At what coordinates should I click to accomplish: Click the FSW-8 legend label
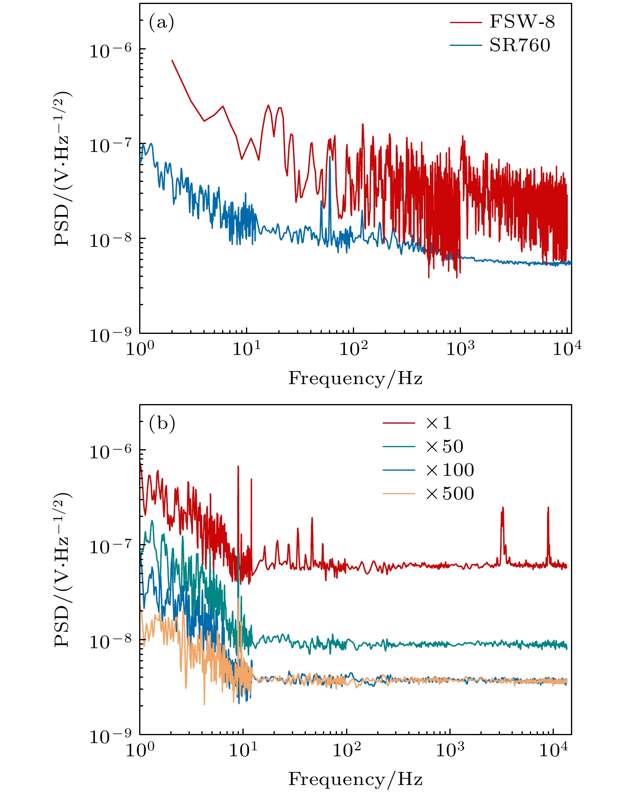click(x=522, y=22)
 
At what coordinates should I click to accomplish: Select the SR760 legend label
click(x=520, y=45)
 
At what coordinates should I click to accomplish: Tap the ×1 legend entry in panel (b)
click(x=439, y=423)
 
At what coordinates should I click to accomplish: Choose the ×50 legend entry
click(x=444, y=446)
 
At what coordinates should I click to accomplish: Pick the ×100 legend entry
click(x=450, y=470)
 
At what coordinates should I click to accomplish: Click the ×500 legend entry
click(x=450, y=494)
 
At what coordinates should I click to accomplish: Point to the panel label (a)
click(x=161, y=23)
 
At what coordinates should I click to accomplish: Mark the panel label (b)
click(x=162, y=424)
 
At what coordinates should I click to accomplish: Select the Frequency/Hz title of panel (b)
click(x=355, y=779)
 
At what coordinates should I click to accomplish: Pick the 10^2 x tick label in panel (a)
click(x=353, y=349)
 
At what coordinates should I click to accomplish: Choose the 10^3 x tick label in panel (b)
click(x=450, y=750)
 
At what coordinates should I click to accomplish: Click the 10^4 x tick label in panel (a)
click(x=567, y=349)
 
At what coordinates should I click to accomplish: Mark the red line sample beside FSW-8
click(x=466, y=22)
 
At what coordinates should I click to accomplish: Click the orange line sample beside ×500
click(x=399, y=494)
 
